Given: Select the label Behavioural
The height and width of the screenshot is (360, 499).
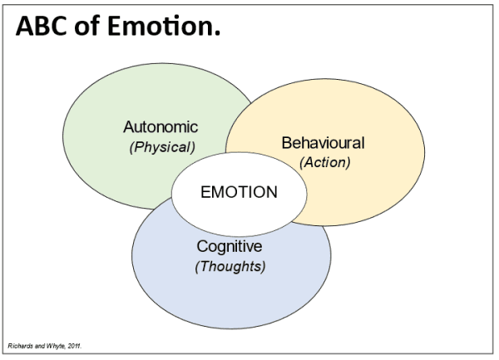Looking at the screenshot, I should (324, 143).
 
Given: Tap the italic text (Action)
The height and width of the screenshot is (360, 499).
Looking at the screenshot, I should (324, 162).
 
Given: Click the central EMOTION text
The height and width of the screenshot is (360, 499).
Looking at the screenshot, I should (240, 192).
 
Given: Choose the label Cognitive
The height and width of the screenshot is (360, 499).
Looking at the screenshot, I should (230, 247).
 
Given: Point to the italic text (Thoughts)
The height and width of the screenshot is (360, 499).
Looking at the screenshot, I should (230, 267).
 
